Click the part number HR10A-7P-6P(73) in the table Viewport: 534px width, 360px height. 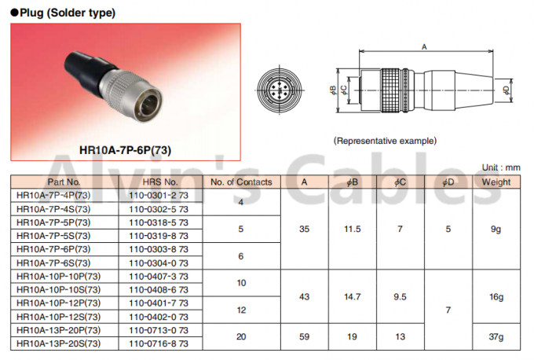coord(53,249)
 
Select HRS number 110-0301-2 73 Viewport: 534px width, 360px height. coord(159,196)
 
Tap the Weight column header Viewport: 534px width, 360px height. coord(496,182)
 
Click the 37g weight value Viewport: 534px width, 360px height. coord(496,337)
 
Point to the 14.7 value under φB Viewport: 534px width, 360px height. coord(352,296)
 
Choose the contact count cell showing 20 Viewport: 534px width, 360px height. coord(241,337)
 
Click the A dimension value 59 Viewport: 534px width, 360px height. coord(304,337)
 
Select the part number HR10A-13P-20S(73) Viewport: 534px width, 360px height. coord(59,343)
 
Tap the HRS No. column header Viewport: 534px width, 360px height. coord(160,182)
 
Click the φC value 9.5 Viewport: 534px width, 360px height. coord(400,296)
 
